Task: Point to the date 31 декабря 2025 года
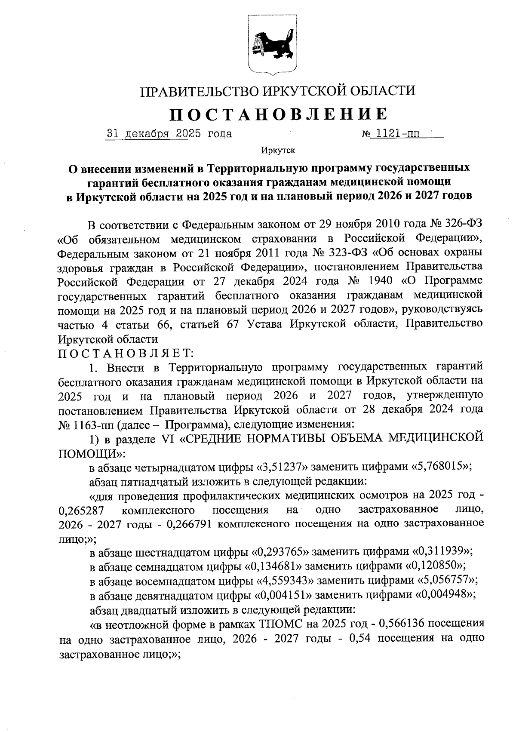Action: click(x=169, y=134)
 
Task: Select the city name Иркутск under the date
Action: click(x=278, y=151)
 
